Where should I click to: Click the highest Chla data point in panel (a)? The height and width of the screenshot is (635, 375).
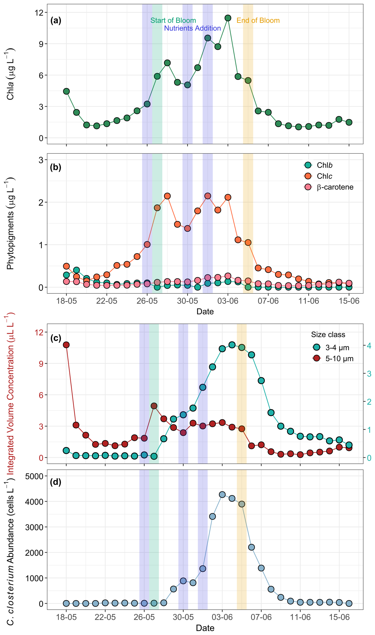pyautogui.click(x=228, y=18)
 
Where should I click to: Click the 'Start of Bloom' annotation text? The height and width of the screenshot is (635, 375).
pyautogui.click(x=173, y=20)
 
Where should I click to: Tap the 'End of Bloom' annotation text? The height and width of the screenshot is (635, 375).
pyautogui.click(x=258, y=20)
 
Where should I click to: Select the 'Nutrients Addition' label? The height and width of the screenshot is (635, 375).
pyautogui.click(x=192, y=28)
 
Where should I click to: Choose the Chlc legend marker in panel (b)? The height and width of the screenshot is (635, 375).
pyautogui.click(x=308, y=176)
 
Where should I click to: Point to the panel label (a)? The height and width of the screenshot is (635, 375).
pyautogui.click(x=55, y=20)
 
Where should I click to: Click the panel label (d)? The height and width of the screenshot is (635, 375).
pyautogui.click(x=55, y=482)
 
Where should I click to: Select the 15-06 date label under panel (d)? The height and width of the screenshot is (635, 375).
pyautogui.click(x=339, y=617)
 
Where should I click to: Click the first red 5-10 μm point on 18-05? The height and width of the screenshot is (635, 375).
pyautogui.click(x=66, y=345)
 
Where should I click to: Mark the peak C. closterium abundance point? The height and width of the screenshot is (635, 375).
pyautogui.click(x=222, y=494)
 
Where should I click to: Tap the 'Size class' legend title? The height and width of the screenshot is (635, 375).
pyautogui.click(x=328, y=335)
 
